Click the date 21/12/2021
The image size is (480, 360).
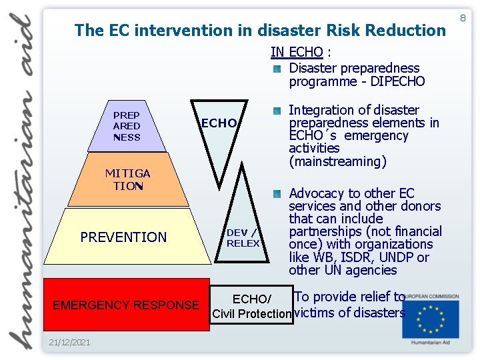point(69,342)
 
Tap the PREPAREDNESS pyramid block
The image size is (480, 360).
point(127,127)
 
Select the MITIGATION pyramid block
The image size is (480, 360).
point(127,180)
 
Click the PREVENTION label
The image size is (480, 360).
point(123,237)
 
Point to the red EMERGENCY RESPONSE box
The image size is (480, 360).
point(126,305)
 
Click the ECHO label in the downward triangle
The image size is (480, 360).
point(219,123)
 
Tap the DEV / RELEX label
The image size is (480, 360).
point(243,237)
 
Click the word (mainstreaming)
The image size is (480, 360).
point(337,161)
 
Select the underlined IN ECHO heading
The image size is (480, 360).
point(297,52)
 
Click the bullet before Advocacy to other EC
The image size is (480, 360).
point(277,195)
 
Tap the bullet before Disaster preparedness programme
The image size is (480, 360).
point(277,69)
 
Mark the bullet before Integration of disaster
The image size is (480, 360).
point(277,111)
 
